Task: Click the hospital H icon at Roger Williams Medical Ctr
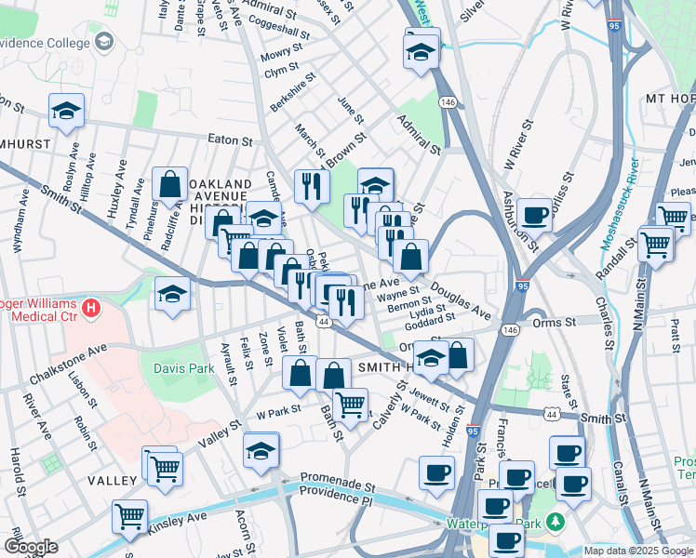90,306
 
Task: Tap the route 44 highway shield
323,321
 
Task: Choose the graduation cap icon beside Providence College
104,43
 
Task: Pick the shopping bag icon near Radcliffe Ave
171,185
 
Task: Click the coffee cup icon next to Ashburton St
535,216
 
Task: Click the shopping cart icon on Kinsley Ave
129,516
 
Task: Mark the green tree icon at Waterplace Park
555,521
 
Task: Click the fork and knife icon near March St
312,186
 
